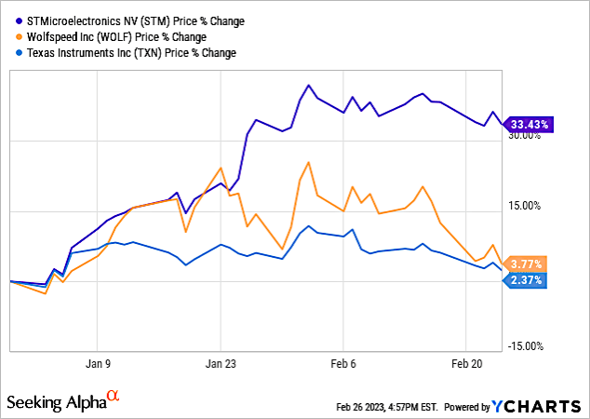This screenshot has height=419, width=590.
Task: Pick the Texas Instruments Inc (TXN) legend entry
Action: pos(124,53)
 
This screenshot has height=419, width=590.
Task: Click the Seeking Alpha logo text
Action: pos(57,402)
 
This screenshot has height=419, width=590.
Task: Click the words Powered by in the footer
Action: pos(467,408)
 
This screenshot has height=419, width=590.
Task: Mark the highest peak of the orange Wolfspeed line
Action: pos(306,163)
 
